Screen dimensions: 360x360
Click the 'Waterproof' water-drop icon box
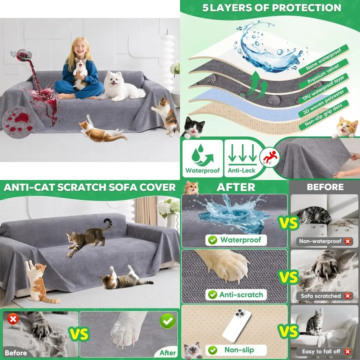pyautogui.click(x=202, y=158)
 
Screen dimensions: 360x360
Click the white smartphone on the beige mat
pyautogui.click(x=237, y=326)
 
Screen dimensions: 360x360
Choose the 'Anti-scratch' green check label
pyautogui.click(x=236, y=294)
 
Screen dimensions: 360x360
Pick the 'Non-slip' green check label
pyautogui.click(x=236, y=350)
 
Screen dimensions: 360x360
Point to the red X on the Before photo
pyautogui.click(x=13, y=319)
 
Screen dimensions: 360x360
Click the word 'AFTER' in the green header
pyautogui.click(x=236, y=187)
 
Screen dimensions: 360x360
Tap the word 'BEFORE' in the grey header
pyautogui.click(x=325, y=187)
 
